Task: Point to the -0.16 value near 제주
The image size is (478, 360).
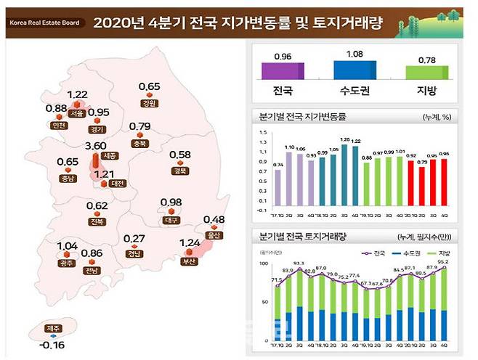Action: [44, 345]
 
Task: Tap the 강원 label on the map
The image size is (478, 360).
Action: [150, 103]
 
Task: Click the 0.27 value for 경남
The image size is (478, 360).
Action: [133, 239]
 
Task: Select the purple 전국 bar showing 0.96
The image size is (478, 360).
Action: [283, 70]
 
